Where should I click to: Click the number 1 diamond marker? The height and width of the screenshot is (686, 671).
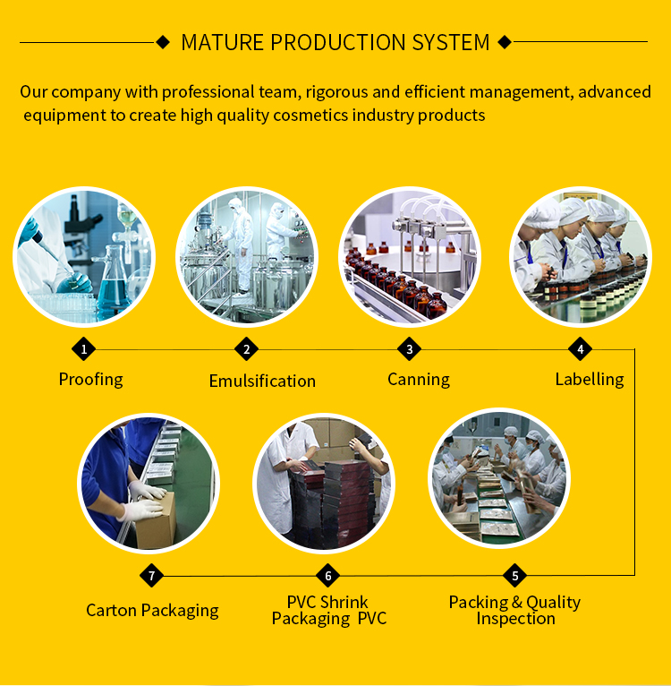tap(83, 349)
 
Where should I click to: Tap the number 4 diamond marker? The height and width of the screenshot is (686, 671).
tap(580, 349)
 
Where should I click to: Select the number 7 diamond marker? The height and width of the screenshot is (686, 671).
tap(151, 575)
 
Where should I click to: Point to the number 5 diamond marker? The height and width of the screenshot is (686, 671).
tap(514, 575)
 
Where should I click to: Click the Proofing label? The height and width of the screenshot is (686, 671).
tap(91, 380)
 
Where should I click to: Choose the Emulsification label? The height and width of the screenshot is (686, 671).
tap(262, 381)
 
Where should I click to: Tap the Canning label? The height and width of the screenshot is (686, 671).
tap(419, 380)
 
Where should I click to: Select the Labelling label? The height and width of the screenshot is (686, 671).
tap(590, 380)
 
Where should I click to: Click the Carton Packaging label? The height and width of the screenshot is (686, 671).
tap(152, 610)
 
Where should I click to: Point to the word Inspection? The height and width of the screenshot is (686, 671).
tap(516, 619)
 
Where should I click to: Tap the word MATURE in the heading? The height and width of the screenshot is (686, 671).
tap(223, 42)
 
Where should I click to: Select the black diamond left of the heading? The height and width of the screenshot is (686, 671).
tap(163, 42)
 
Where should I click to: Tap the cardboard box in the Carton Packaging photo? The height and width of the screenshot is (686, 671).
tap(156, 520)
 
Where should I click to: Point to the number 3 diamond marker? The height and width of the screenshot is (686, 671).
tap(409, 349)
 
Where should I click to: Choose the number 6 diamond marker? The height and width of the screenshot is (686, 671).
tap(327, 575)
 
